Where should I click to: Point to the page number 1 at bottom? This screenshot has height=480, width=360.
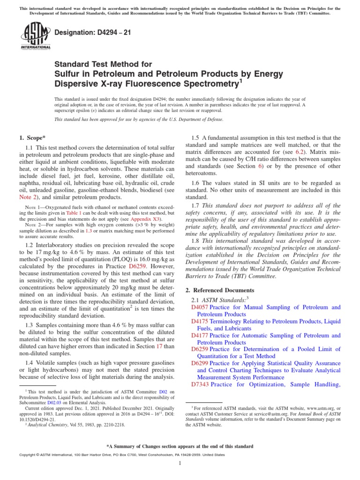click(180, 463)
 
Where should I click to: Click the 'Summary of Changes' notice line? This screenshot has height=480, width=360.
click(180, 446)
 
